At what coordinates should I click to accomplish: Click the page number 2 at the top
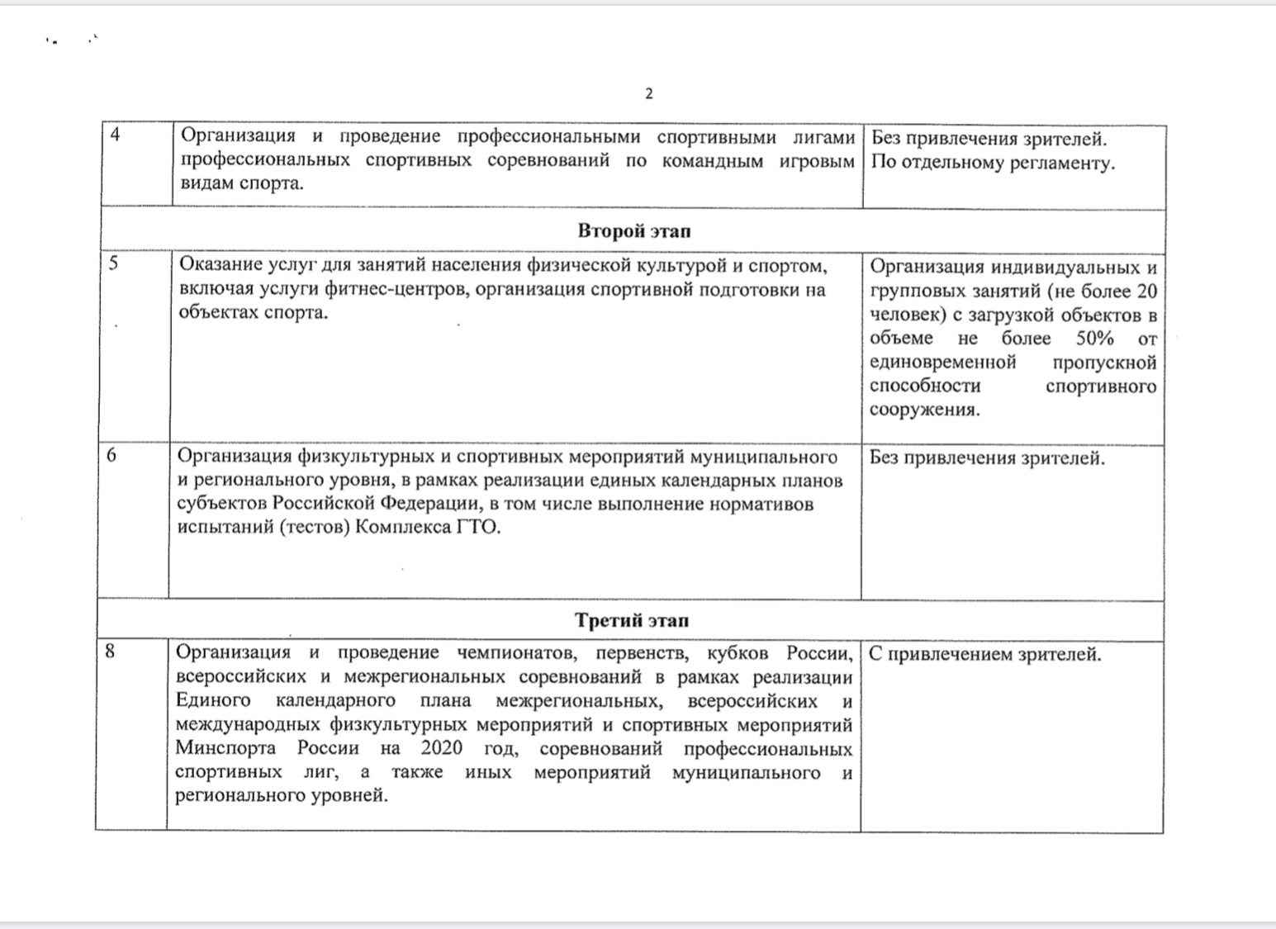[648, 93]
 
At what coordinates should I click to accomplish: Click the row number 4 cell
[115, 135]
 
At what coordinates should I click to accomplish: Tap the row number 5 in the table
[113, 263]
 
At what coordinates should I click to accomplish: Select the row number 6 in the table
[111, 455]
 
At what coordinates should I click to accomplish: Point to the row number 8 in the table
[111, 652]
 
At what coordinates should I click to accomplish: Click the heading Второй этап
[633, 230]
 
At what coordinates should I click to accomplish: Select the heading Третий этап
[631, 620]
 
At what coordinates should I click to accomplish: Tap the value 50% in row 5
[1094, 339]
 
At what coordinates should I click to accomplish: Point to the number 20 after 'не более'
[1146, 291]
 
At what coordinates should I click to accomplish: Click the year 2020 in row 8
[442, 749]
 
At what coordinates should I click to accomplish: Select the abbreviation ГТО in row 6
[477, 527]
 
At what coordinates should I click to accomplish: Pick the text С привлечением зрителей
[984, 655]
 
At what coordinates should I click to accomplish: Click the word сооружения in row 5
[924, 410]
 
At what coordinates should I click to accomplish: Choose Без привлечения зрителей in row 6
[987, 458]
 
